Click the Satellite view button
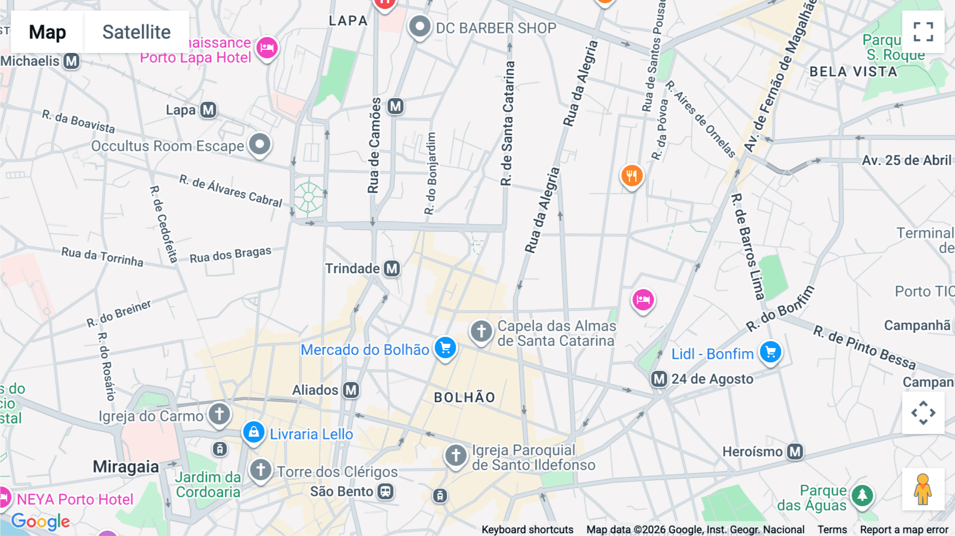[136, 32]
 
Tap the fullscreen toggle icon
[923, 32]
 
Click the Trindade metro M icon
[392, 269]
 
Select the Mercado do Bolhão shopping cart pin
[445, 348]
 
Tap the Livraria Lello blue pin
[254, 432]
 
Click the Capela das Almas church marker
[481, 331]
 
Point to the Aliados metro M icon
[351, 390]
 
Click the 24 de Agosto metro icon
[659, 379]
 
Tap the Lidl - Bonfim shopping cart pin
[770, 352]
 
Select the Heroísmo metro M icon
[794, 452]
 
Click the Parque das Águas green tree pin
[862, 496]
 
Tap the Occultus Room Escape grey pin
[259, 144]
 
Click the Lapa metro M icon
[208, 110]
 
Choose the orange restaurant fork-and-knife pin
[631, 175]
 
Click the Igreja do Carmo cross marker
[219, 413]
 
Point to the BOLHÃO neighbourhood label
[464, 397]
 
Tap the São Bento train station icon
[385, 491]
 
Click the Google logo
[40, 521]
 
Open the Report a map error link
[904, 530]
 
